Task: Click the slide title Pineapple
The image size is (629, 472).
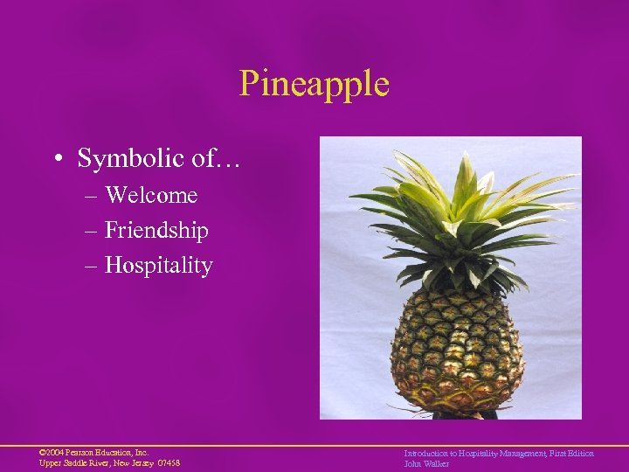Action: (314, 84)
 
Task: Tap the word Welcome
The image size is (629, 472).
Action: (151, 195)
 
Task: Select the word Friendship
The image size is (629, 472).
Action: (156, 231)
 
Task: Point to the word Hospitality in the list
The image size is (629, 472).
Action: (158, 266)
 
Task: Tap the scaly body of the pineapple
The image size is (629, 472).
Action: (455, 350)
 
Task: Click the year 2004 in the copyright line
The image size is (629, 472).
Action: (54, 453)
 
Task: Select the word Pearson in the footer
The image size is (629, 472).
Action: (79, 453)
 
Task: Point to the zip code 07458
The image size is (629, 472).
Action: (169, 463)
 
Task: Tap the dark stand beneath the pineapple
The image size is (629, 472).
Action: (464, 413)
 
